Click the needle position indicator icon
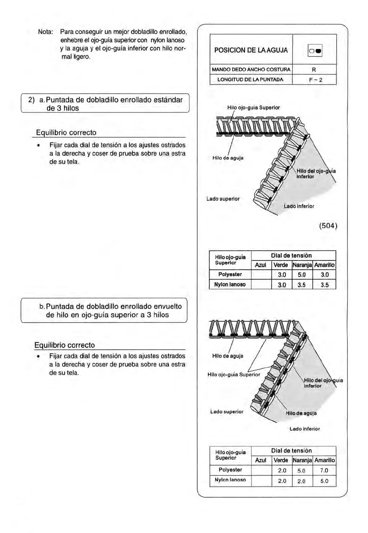coord(315,51)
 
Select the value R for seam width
coord(314,69)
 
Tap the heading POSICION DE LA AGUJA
coord(251,50)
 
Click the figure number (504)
coord(328,226)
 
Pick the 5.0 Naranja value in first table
coord(302,275)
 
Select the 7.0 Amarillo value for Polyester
coord(324,470)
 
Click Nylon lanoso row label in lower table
coord(230,480)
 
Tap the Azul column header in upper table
coord(260,265)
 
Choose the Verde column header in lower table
coord(281,460)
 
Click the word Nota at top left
coord(46,32)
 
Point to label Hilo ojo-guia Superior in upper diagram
coord(253,107)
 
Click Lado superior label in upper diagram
coord(223,199)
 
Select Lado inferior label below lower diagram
coord(305,429)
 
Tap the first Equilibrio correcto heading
coord(66,133)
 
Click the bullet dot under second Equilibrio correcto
coord(37,356)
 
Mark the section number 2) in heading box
coord(32,100)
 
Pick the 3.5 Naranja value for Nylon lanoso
coord(302,285)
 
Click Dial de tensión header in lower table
coord(291,451)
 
